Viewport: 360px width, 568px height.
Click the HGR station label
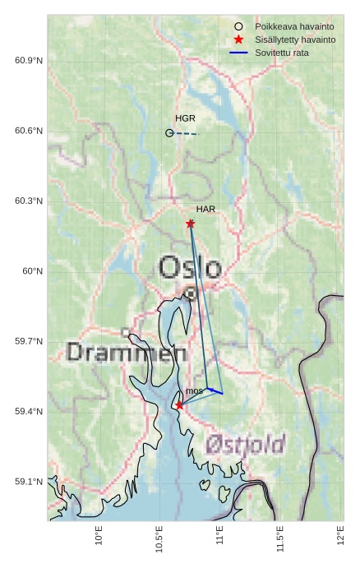click(x=185, y=119)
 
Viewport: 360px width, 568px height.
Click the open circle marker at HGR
click(x=169, y=132)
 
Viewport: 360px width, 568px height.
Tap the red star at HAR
click(x=190, y=224)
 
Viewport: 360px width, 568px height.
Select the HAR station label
click(x=205, y=210)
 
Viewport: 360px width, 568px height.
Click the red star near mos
click(x=179, y=405)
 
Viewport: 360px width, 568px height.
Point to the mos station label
click(x=194, y=391)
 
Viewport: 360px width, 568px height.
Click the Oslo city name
click(x=190, y=268)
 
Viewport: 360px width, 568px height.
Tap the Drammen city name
click(x=126, y=353)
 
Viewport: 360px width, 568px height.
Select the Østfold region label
click(x=246, y=445)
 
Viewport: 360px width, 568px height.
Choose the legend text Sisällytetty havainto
click(x=295, y=39)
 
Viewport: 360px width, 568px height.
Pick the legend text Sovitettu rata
click(x=284, y=53)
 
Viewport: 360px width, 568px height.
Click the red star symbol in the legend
click(x=238, y=39)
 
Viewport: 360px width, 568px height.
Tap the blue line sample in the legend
click(x=238, y=53)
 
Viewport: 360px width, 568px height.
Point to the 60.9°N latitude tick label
click(x=29, y=62)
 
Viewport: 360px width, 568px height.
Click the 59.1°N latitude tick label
click(x=29, y=482)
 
